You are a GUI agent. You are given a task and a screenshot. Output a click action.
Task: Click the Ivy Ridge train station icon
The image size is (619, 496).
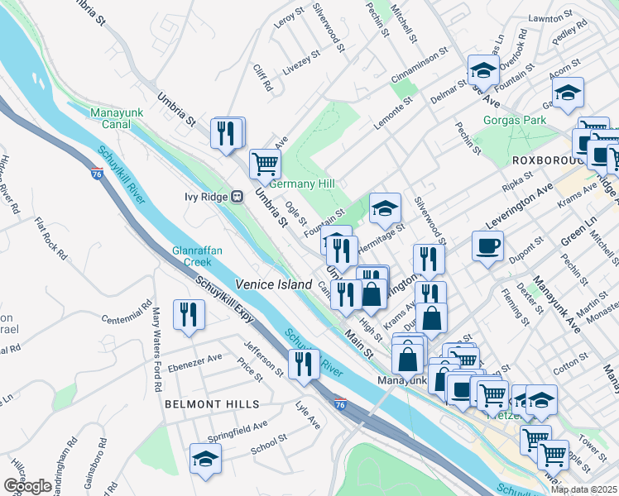237,197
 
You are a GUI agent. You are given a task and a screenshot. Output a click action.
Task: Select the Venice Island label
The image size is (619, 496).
274,284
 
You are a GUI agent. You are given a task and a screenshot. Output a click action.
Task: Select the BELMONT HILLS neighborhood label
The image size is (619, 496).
212,404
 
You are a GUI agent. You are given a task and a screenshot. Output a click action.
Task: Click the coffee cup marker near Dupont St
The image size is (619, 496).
487,245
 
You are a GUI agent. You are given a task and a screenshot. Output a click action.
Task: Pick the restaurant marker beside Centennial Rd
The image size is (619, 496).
190,314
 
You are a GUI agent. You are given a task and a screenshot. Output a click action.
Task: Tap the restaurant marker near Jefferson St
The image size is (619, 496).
304,364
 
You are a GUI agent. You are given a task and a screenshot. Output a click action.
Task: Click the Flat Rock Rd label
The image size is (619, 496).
50,235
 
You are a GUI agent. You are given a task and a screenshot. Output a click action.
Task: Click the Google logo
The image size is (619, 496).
27,486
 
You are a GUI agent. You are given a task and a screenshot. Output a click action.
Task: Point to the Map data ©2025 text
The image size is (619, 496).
583,489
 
